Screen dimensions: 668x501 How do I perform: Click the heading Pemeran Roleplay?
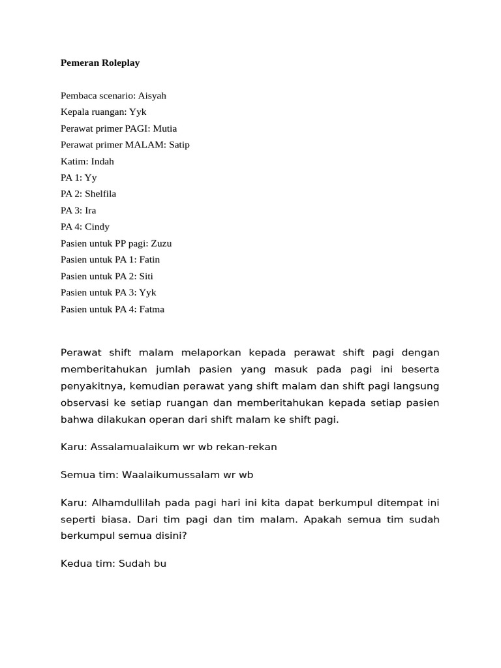click(x=100, y=63)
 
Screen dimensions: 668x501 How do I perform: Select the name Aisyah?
click(x=152, y=95)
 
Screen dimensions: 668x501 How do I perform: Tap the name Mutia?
click(x=165, y=129)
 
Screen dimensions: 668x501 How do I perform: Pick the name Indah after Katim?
click(x=102, y=161)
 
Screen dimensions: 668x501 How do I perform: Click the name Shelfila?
click(x=100, y=194)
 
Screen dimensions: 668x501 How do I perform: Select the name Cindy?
click(x=97, y=226)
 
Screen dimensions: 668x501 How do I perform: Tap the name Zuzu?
click(x=161, y=243)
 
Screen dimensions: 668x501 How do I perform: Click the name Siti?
click(x=146, y=276)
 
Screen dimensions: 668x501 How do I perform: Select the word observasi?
click(x=85, y=403)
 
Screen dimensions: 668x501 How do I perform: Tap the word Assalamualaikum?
click(x=132, y=447)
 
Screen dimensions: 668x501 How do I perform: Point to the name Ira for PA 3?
click(x=91, y=210)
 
